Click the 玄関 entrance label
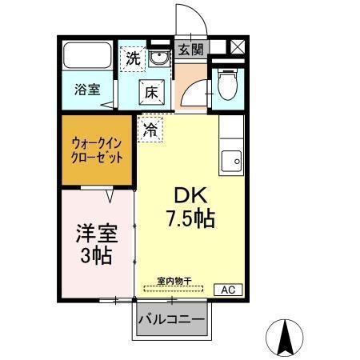pyautogui.click(x=190, y=49)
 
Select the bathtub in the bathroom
pyautogui.click(x=87, y=56)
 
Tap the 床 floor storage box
pyautogui.click(x=152, y=92)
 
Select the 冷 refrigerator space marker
pyautogui.click(x=150, y=128)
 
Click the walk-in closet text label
pyautogui.click(x=97, y=151)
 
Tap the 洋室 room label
pyautogui.click(x=97, y=234)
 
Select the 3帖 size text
pyautogui.click(x=96, y=257)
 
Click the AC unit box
pyautogui.click(x=226, y=289)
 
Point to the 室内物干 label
pyautogui.click(x=174, y=280)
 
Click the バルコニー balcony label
pyautogui.click(x=170, y=321)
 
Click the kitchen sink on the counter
pyautogui.click(x=233, y=158)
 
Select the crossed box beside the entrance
pyautogui.click(x=237, y=46)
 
